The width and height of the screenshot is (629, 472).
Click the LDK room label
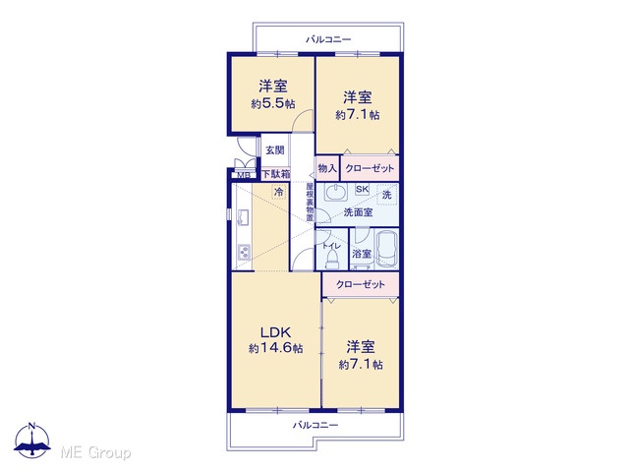[x=275, y=332]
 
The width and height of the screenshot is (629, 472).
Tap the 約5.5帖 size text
[x=273, y=104]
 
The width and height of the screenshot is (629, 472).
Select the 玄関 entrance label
[x=275, y=150]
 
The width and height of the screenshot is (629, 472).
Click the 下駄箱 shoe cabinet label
[x=276, y=175]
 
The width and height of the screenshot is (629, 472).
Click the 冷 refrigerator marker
[x=279, y=192]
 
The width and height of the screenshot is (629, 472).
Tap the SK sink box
[x=363, y=190]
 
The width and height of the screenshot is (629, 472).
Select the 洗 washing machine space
[x=386, y=195]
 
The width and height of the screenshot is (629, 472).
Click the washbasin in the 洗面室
[x=336, y=193]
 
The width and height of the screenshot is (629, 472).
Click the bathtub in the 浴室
[x=386, y=249]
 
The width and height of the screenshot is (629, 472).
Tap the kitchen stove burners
[x=245, y=252]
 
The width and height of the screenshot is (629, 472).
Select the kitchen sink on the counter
[x=244, y=217]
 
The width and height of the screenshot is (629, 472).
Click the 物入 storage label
[x=327, y=168]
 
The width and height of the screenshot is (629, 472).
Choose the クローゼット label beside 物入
[x=370, y=168]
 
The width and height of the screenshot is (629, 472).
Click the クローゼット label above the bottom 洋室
[x=361, y=284]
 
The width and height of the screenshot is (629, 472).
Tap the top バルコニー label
[x=328, y=39]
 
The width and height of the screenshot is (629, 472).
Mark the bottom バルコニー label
[x=315, y=425]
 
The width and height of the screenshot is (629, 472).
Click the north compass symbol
[x=32, y=441]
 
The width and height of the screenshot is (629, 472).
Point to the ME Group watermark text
[x=95, y=452]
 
